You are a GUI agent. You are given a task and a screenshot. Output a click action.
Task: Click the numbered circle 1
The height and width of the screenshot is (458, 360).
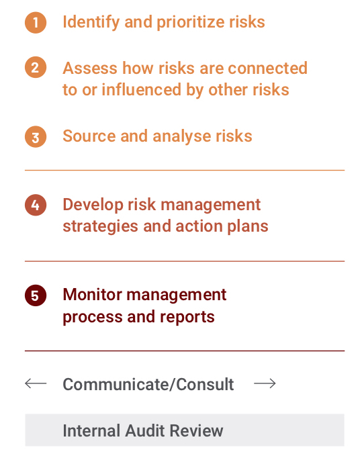point(36,22)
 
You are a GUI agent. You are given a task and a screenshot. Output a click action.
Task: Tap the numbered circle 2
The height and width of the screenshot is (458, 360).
point(36,67)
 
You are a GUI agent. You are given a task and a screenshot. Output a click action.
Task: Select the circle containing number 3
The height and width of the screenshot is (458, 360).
point(36,137)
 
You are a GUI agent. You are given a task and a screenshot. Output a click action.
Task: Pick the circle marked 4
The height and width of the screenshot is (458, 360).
point(36,205)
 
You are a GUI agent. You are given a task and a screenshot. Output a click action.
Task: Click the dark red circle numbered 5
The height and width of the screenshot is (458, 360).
point(36,295)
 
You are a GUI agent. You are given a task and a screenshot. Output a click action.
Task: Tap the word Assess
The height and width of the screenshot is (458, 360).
point(90,68)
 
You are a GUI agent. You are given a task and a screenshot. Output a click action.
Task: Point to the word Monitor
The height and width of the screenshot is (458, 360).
point(92,294)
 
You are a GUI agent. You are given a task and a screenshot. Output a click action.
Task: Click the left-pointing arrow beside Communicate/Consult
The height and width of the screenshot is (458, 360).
point(36,383)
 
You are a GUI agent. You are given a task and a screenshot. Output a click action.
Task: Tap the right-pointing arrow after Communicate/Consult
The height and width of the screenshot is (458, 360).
point(265,383)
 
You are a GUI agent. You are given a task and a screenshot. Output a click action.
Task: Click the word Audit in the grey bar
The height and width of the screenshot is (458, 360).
point(146,430)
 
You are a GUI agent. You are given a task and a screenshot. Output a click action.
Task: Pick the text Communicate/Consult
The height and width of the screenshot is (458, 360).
point(148,384)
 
